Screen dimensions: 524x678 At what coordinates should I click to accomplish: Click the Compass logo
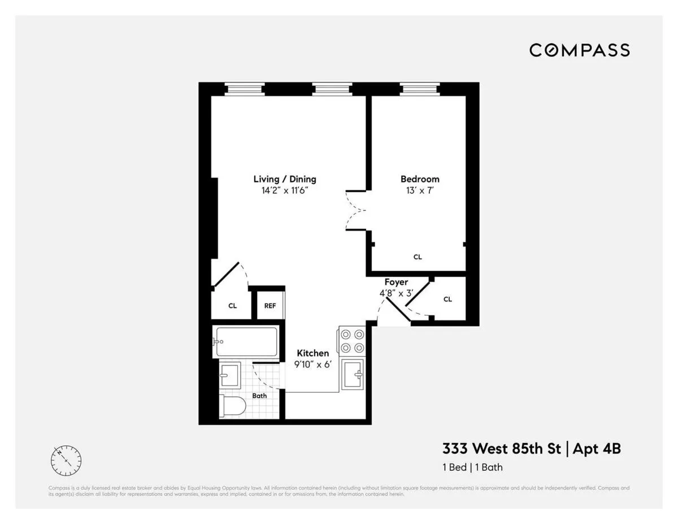579,50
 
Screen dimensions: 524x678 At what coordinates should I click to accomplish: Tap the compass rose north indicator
66,461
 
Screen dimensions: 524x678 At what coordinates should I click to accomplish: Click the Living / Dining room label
284,179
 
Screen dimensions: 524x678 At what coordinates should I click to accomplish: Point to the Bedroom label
420,179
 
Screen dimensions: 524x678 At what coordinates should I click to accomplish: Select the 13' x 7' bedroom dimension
420,190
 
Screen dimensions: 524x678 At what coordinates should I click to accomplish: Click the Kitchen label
312,353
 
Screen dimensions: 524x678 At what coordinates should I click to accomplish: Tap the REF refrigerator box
270,306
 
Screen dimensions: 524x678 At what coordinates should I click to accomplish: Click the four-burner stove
352,341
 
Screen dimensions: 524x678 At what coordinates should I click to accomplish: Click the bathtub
246,342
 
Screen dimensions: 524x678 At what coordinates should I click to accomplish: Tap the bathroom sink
230,374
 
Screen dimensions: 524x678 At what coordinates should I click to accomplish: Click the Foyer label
396,282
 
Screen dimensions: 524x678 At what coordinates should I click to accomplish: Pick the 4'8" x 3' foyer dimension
396,293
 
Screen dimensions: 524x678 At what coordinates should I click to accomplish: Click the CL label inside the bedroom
418,257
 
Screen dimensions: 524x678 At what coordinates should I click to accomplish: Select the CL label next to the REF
232,306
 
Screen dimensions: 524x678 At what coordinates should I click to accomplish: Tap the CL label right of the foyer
447,299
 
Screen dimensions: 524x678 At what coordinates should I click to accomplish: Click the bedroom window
419,89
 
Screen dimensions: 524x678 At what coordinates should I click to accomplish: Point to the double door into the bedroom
356,211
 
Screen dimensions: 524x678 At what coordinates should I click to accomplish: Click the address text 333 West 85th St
502,449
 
